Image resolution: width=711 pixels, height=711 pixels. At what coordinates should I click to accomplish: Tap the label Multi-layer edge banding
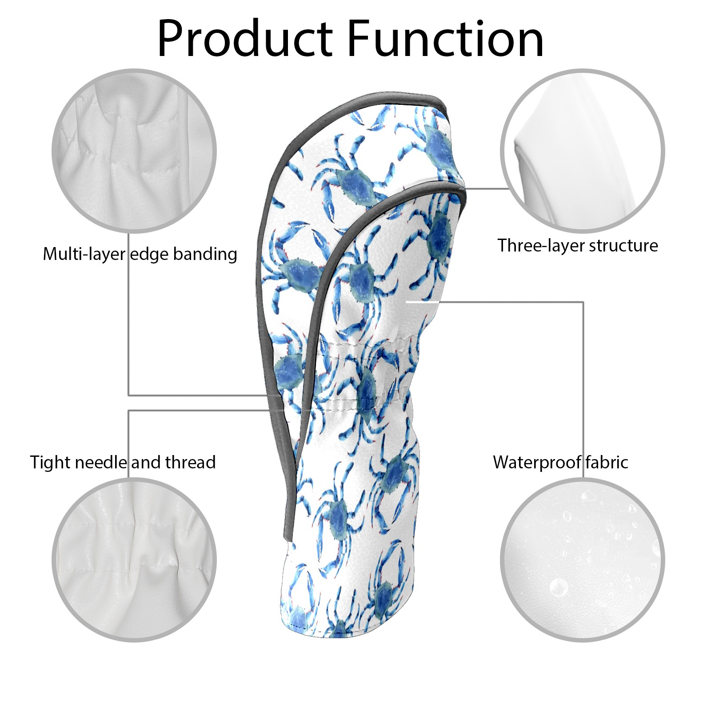point(140,254)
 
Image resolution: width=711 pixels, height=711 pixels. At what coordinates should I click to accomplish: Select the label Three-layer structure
point(577,246)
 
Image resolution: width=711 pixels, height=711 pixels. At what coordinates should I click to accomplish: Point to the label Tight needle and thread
point(123,463)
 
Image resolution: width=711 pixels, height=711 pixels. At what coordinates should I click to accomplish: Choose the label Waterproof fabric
point(560,463)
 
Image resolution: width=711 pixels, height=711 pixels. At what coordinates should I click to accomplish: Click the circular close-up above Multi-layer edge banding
point(134,151)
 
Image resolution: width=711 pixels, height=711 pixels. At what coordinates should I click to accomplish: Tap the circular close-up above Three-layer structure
point(582,151)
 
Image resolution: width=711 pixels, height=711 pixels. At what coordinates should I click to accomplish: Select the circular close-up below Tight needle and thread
point(134,559)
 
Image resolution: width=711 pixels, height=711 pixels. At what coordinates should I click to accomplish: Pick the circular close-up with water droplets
point(582,559)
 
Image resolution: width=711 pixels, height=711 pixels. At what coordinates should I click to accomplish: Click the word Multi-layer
point(84,254)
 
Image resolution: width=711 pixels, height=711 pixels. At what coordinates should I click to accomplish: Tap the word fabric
point(607,463)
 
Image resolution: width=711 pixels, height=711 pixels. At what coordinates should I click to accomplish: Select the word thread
point(191,463)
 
